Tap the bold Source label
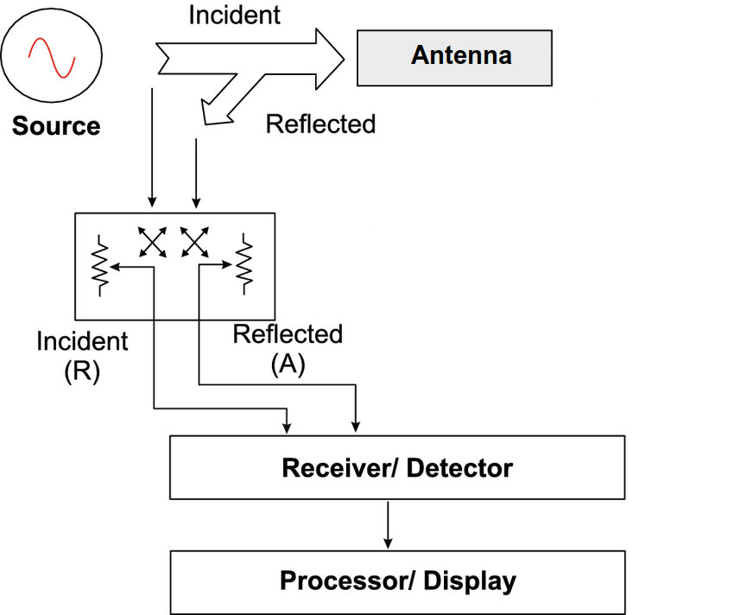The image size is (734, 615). (56, 126)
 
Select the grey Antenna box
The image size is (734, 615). (454, 57)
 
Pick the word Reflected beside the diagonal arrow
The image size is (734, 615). (320, 124)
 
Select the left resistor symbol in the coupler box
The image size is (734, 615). (100, 263)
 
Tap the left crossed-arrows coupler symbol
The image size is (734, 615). (154, 241)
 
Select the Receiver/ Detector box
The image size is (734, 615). (397, 467)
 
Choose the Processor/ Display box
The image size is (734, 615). (397, 581)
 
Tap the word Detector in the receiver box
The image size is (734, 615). (459, 468)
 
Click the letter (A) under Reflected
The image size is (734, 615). (288, 365)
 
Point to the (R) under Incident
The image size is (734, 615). (82, 372)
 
